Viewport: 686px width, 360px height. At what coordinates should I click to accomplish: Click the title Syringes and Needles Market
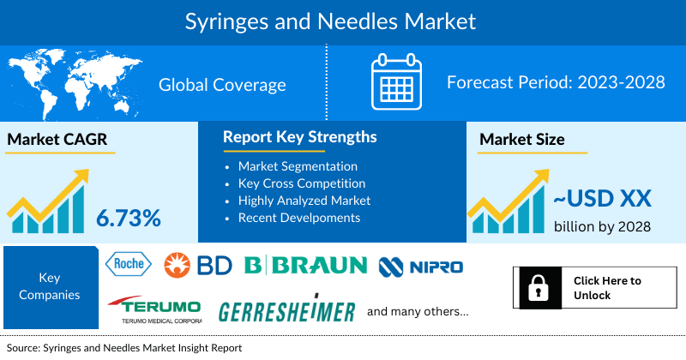(x=343, y=20)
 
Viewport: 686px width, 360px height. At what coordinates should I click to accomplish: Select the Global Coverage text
(x=222, y=85)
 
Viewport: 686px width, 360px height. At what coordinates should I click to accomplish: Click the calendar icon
(x=395, y=84)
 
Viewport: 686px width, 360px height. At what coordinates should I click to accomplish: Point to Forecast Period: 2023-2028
(x=556, y=84)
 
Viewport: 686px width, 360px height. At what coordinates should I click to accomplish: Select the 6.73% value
(x=129, y=218)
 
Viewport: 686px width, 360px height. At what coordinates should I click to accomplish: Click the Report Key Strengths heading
(x=299, y=137)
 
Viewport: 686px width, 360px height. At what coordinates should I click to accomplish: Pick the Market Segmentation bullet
(x=298, y=165)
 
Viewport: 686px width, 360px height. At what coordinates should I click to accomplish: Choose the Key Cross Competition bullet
(x=302, y=183)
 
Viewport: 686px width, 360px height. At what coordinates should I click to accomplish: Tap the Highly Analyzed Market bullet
(x=304, y=200)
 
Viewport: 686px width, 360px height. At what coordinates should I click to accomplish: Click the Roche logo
(x=127, y=265)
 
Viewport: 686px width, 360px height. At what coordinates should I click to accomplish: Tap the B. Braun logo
(x=305, y=266)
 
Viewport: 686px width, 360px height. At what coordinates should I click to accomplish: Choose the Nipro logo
(x=421, y=266)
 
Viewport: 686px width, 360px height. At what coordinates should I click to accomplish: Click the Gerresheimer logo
(x=286, y=311)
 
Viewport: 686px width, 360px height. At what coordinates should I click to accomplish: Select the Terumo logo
(x=154, y=309)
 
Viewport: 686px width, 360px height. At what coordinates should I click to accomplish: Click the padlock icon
(x=537, y=288)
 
